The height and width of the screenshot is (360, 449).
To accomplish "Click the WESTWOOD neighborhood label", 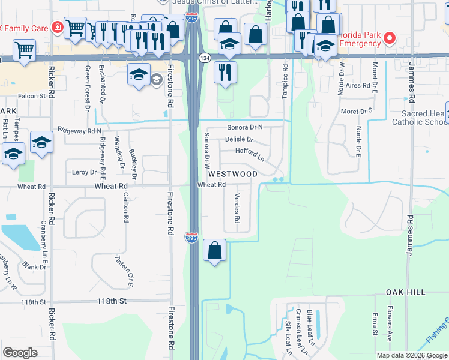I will [233, 174].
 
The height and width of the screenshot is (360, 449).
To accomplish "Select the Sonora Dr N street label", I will [246, 128].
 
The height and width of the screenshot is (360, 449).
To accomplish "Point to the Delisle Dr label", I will [240, 139].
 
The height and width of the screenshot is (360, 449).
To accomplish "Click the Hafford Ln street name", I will [250, 154].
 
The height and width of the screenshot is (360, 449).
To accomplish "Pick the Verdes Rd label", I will [237, 210].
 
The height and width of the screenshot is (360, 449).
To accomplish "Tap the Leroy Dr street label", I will [84, 172].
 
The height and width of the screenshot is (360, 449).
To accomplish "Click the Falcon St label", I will [32, 96].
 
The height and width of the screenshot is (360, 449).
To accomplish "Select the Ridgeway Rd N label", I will [80, 130].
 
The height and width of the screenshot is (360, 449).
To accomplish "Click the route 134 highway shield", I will [205, 57].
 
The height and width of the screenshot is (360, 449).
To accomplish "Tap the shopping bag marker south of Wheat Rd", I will [214, 250].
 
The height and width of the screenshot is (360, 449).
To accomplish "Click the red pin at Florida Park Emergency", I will [389, 38].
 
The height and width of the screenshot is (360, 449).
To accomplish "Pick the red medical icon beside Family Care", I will [56, 27].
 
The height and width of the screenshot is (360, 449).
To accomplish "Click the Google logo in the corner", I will [20, 353].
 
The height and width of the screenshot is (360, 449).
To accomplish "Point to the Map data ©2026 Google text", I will [411, 355].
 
